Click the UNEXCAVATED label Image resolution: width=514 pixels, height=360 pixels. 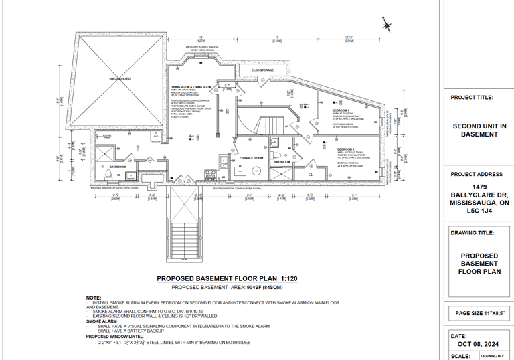(x=120, y=79)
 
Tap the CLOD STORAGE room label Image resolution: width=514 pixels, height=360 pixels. (x=262, y=70)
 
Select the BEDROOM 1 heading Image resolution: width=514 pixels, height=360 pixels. (x=341, y=110)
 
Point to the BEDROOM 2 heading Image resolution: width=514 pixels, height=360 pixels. (x=346, y=148)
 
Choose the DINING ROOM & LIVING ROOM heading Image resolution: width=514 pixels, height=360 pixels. (x=191, y=88)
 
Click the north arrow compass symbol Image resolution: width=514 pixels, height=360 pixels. (x=387, y=25)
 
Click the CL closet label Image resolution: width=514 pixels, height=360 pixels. (x=311, y=174)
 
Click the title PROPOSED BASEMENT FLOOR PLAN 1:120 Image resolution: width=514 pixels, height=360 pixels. (x=226, y=278)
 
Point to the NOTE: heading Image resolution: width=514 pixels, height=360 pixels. (x=94, y=298)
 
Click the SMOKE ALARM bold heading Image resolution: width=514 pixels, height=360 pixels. (x=100, y=321)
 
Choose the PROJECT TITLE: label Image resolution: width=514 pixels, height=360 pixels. (x=472, y=98)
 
